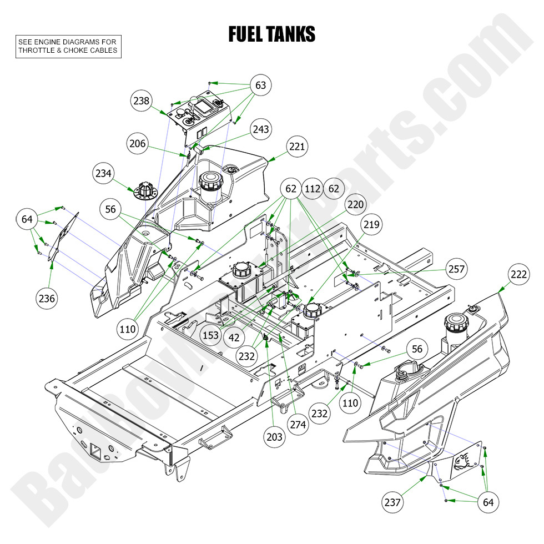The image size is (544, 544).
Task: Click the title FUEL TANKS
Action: coord(271,34)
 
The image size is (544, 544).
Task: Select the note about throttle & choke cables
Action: coord(68,46)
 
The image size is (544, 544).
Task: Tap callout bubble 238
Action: coord(142,100)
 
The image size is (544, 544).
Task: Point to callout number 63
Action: coord(260,85)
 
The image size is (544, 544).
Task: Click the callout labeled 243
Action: coord(260,129)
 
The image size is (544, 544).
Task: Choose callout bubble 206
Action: coord(137,144)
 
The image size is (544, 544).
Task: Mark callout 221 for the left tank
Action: coord(297,147)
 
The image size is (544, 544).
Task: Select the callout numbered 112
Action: coord(313,189)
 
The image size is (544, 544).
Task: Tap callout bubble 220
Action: coord(356,205)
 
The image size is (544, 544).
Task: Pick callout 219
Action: coord(371,225)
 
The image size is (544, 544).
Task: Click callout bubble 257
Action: coord(456,269)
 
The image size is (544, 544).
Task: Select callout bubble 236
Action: coord(47,299)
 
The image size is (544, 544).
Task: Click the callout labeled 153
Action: coord(210,335)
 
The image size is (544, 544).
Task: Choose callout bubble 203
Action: coord(274,437)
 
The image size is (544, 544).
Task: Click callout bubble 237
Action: coord(393,502)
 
